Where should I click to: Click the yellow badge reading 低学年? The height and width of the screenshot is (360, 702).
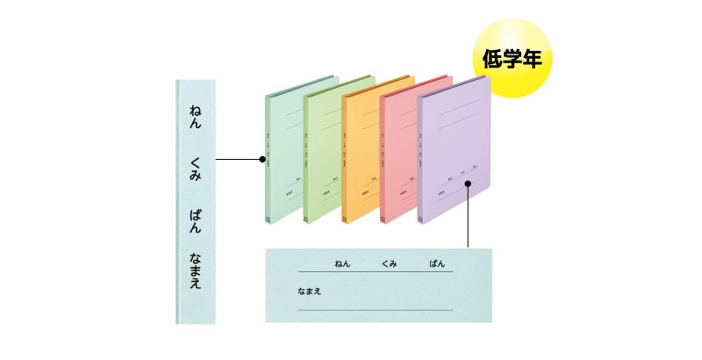[512, 58]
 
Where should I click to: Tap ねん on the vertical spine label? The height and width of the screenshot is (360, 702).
[196, 118]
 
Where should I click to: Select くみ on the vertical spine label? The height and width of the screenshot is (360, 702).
[196, 169]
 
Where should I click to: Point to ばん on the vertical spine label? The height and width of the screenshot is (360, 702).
[196, 220]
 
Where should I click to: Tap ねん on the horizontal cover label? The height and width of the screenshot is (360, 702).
[341, 263]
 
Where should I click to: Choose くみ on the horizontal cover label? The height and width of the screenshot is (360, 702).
[390, 263]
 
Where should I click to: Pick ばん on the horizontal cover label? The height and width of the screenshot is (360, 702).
[436, 263]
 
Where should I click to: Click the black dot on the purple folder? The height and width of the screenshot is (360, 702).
[469, 184]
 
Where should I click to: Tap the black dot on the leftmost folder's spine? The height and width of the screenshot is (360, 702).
[262, 160]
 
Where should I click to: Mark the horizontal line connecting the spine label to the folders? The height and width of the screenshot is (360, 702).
[237, 160]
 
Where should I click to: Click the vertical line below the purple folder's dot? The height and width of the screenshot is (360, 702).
[469, 220]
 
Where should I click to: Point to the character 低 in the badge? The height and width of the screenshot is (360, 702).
[491, 59]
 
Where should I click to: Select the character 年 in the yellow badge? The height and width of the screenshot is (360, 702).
[532, 59]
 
